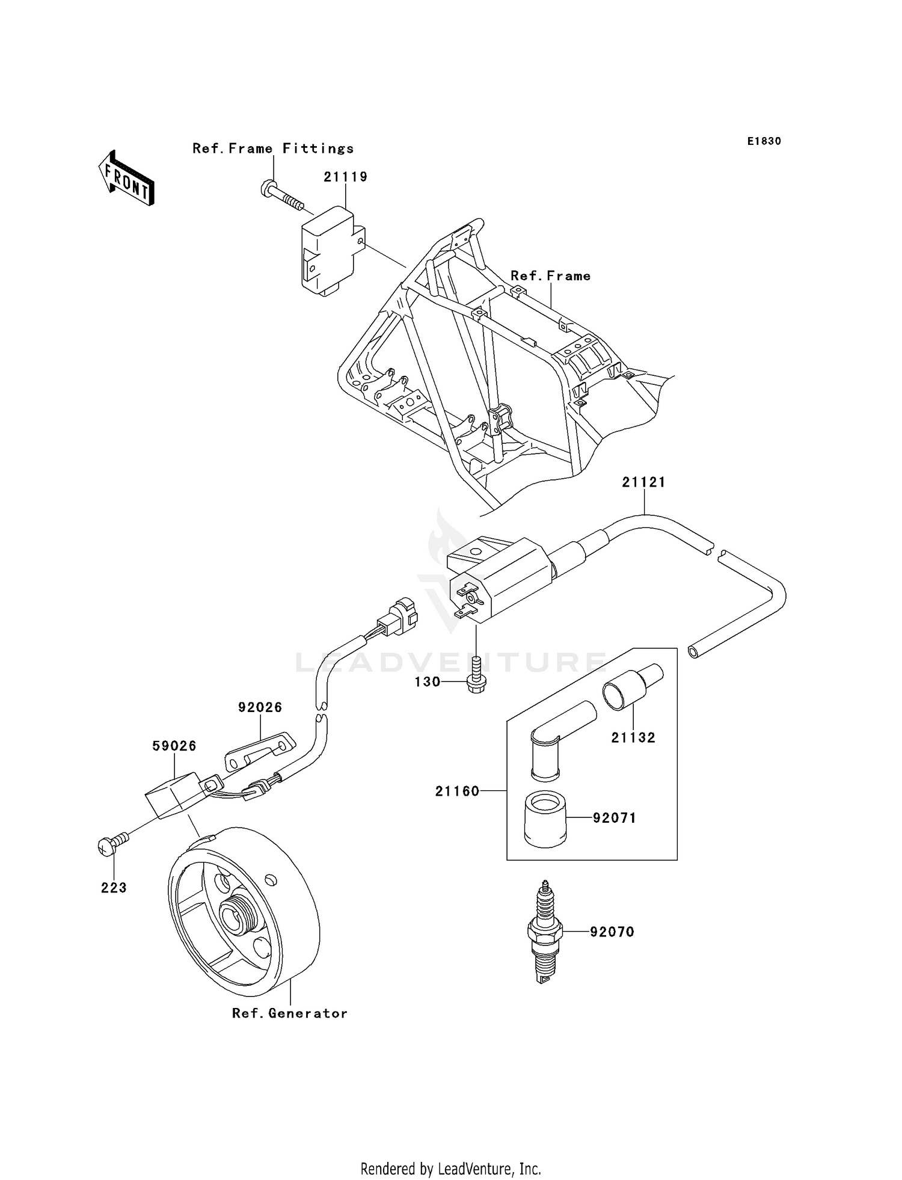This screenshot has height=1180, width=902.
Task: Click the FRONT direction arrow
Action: pos(127,179)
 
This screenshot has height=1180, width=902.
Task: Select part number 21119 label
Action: pos(345,177)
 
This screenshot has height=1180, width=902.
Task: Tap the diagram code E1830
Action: pos(764,141)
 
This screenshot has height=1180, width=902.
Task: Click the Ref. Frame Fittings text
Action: pos(273,149)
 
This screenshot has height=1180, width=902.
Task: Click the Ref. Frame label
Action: pos(550,276)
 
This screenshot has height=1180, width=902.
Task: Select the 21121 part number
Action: pos(643,482)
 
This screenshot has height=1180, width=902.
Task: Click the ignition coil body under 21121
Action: pos(505,577)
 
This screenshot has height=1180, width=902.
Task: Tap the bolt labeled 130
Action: pos(476,680)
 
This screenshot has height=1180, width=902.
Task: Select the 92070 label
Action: pos(612,932)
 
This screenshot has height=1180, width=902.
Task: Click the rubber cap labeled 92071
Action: pos(545,819)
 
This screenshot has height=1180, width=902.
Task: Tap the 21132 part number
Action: pos(633,737)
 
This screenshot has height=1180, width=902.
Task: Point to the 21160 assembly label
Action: pos(458,791)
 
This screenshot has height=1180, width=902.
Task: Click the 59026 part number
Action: pos(174,746)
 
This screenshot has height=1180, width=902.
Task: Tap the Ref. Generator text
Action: pos(290,1013)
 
